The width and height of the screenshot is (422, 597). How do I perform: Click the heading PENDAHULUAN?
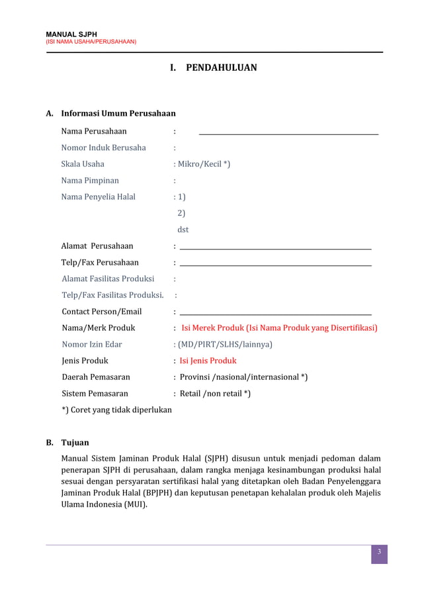click(221, 68)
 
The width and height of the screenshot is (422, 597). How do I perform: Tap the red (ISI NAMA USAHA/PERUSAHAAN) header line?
click(91, 42)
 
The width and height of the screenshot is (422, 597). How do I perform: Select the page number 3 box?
click(379, 553)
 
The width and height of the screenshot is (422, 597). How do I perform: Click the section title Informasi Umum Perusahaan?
click(118, 113)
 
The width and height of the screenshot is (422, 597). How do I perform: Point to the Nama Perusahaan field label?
click(94, 131)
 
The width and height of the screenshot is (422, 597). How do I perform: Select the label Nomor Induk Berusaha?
click(103, 148)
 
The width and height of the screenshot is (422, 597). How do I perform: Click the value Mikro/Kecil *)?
click(204, 164)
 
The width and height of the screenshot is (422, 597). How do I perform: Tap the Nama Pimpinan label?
click(90, 180)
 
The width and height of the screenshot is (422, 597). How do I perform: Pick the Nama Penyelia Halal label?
click(98, 197)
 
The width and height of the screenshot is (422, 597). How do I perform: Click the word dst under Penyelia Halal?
click(183, 230)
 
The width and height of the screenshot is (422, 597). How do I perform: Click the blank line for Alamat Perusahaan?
click(275, 248)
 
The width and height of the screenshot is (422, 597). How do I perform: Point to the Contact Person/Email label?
click(101, 312)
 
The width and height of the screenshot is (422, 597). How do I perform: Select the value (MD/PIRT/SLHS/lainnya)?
click(224, 344)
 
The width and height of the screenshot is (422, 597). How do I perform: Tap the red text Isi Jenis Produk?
click(208, 361)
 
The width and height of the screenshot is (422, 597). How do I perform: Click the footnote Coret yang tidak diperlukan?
click(116, 410)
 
